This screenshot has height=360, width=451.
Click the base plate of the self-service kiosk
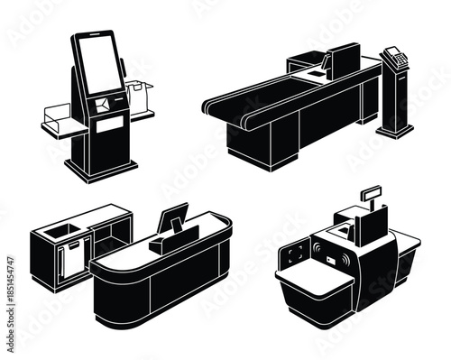pyautogui.click(x=102, y=169)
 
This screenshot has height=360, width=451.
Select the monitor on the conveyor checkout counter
pyautogui.click(x=342, y=60)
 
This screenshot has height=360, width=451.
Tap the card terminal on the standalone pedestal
pyautogui.click(x=394, y=56)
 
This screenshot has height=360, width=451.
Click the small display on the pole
pyautogui.click(x=371, y=192)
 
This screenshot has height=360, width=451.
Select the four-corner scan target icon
pyautogui.click(x=295, y=255)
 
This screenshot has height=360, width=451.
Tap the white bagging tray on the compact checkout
pyautogui.click(x=315, y=275)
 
